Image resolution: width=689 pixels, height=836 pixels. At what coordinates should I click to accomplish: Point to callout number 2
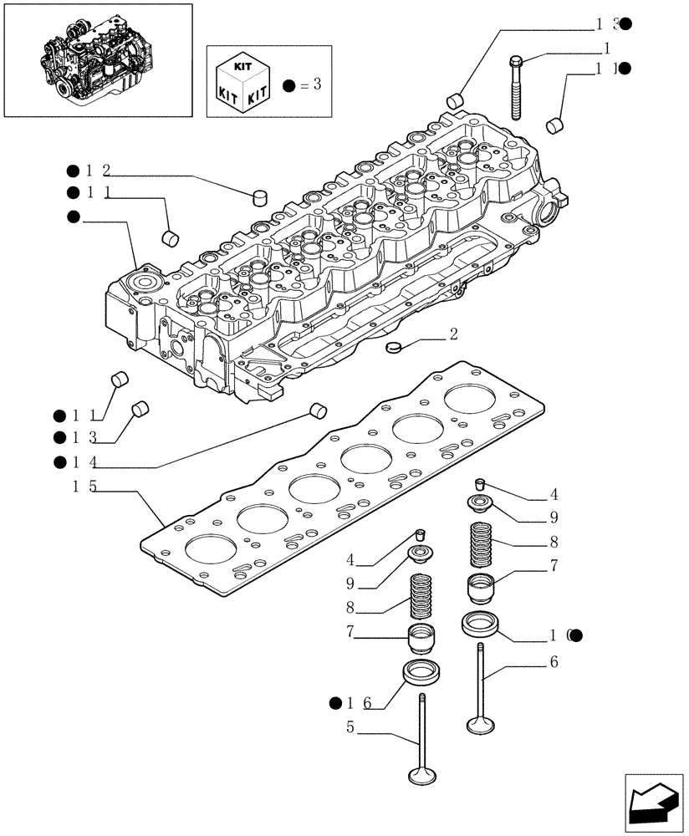coord(452,335)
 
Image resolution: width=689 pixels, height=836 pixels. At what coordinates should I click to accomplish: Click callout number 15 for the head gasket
coord(81,486)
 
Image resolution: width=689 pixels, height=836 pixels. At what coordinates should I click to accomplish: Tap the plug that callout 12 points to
coord(260,197)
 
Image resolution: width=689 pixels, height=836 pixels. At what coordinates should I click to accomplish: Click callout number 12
coord(97,171)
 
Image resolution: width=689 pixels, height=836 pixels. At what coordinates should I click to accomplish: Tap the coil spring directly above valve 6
coord(482,544)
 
